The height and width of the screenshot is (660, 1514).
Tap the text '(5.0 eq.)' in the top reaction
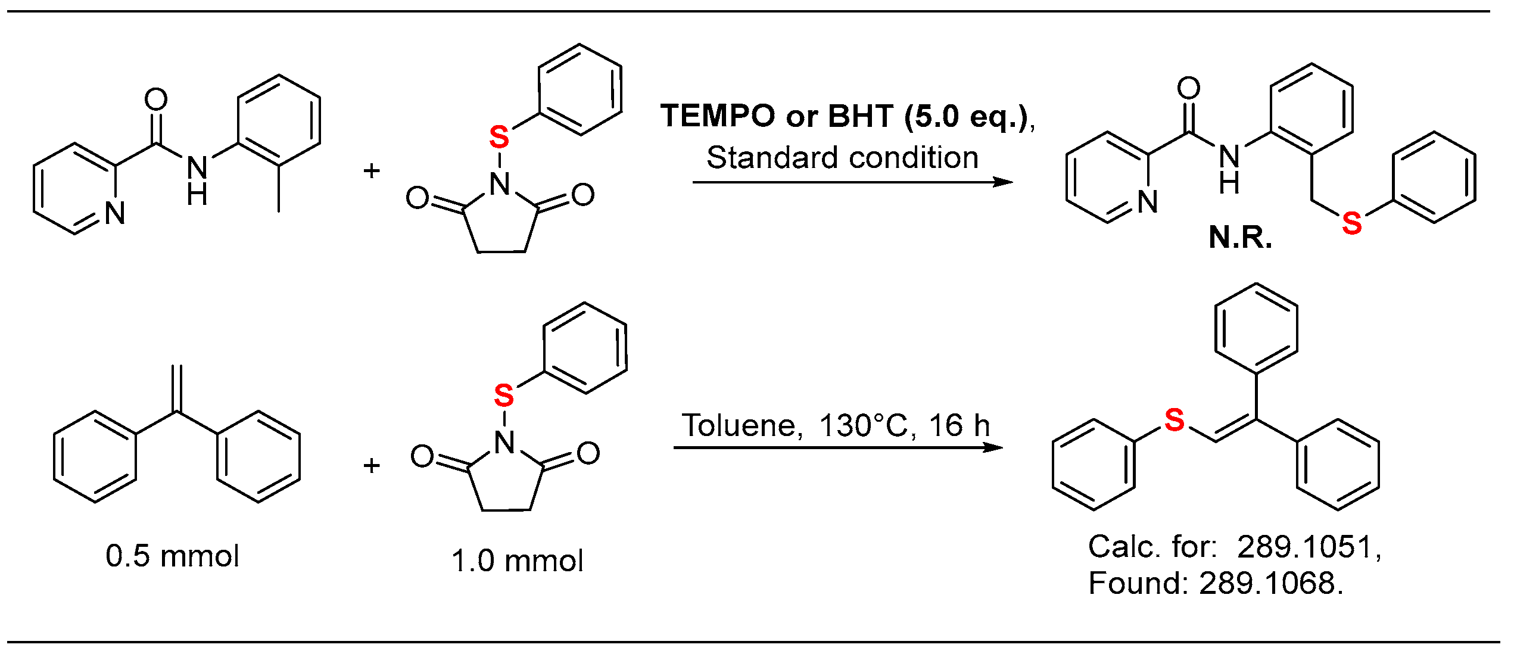click(968, 116)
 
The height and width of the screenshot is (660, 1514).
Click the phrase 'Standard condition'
click(842, 158)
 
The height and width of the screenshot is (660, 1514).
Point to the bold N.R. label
click(1240, 238)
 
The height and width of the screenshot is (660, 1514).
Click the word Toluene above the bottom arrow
click(742, 425)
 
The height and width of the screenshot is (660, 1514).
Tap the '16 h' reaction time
click(959, 425)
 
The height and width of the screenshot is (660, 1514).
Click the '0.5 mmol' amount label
click(172, 556)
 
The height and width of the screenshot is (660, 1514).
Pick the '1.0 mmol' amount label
click(517, 561)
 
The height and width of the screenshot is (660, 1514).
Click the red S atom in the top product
click(1351, 223)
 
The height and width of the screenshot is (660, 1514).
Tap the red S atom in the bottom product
click(1174, 420)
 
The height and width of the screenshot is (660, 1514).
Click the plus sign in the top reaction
click(372, 171)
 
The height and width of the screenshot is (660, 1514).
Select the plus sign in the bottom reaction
click(372, 465)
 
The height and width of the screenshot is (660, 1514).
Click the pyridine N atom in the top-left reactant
click(115, 213)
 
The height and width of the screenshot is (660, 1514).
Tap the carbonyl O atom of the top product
click(1188, 88)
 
